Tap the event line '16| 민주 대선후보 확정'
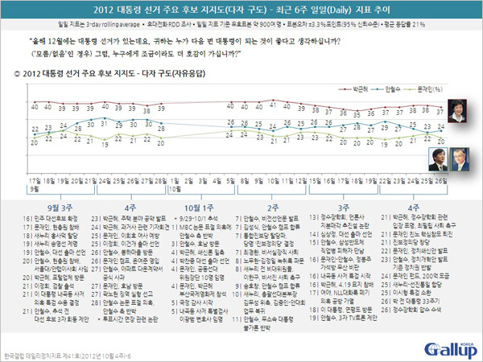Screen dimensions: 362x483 point(47,218)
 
